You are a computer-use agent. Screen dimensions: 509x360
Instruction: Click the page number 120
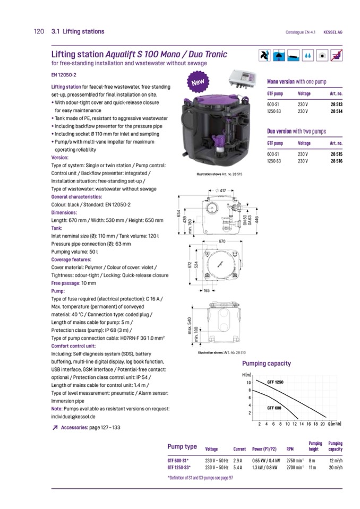38,31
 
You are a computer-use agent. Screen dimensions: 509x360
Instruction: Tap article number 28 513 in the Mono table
335,105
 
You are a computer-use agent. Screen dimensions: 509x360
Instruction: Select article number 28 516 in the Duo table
335,161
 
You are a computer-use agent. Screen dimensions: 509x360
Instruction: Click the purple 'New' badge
198,83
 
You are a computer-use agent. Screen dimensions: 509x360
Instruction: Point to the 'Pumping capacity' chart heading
267,364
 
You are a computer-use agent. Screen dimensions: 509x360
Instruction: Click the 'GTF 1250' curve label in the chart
275,382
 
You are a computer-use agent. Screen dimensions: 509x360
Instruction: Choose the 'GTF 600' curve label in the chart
274,408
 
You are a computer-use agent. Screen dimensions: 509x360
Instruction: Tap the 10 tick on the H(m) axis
248,383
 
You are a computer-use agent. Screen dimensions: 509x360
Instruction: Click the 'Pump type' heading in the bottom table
182,447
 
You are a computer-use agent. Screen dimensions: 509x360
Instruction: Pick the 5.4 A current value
238,468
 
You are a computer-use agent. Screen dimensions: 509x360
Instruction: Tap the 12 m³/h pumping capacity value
335,460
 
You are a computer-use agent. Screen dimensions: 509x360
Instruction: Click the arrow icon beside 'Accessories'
55,427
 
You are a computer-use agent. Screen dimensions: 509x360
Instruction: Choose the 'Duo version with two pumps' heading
296,131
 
